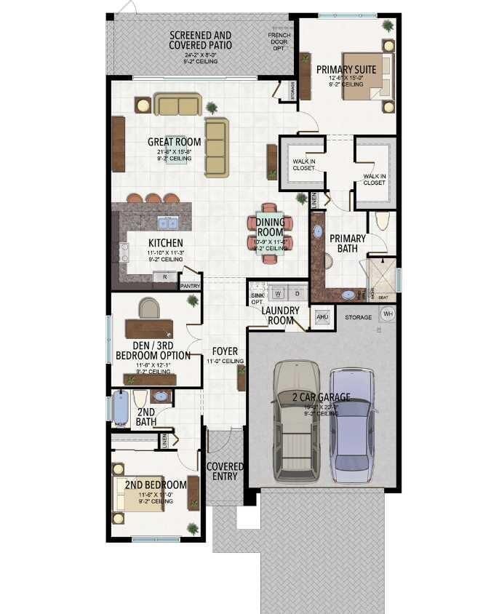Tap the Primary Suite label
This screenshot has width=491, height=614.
click(346, 70)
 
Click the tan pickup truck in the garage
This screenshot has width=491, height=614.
click(297, 422)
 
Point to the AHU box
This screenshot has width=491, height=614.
click(322, 317)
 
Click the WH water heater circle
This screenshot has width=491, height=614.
click(388, 314)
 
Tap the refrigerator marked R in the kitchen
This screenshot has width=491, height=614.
click(165, 276)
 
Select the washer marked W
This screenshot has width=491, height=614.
click(278, 293)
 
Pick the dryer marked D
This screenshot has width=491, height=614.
click(297, 293)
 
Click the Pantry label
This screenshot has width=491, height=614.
click(189, 287)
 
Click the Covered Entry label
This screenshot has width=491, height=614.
click(225, 471)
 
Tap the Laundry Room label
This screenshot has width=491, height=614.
click(280, 315)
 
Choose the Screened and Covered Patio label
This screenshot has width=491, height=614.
click(200, 40)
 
